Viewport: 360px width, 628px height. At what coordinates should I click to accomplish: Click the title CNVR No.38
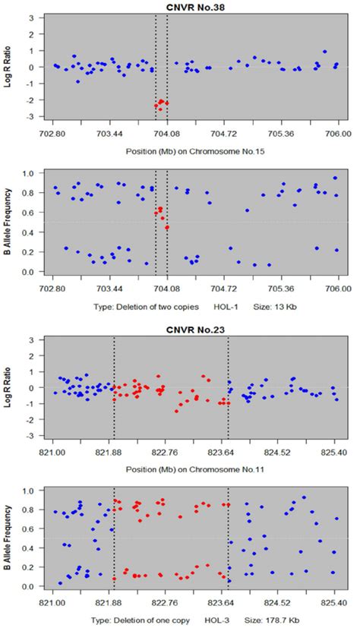(x=194, y=6)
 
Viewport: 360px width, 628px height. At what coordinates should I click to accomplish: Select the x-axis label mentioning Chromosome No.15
(x=194, y=150)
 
